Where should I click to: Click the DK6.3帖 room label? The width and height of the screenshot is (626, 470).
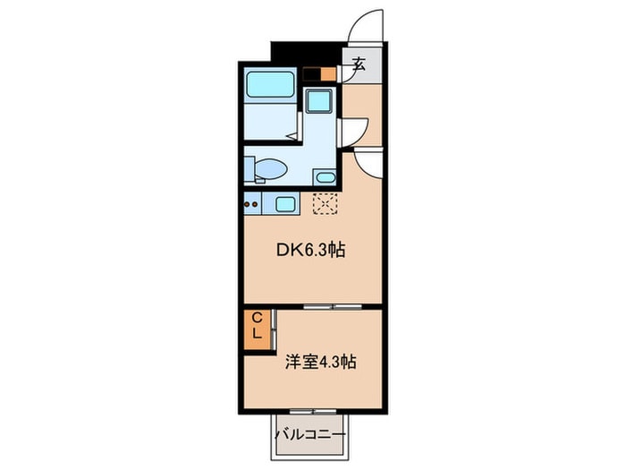click(x=311, y=251)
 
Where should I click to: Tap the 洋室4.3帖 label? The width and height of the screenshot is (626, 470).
click(x=320, y=362)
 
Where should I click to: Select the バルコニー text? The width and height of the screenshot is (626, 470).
click(x=310, y=434)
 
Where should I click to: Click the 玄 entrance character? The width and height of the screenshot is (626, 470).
click(x=359, y=64)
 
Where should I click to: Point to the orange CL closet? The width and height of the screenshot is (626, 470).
click(x=257, y=330)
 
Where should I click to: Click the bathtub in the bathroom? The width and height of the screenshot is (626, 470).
click(x=270, y=84)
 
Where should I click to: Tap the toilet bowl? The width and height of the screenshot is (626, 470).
click(x=271, y=168)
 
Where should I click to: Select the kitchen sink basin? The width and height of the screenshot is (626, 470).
click(x=285, y=204)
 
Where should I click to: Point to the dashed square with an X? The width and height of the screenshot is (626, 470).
click(x=326, y=204)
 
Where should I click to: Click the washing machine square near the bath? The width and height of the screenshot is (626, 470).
click(x=318, y=100)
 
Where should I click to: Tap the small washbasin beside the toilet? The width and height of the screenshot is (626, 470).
click(x=325, y=177)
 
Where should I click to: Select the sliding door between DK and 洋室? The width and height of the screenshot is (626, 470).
click(x=332, y=306)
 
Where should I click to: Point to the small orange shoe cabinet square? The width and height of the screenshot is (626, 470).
click(x=328, y=74)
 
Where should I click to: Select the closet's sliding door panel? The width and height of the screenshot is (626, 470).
click(x=274, y=329)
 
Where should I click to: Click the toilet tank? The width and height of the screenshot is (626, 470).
click(x=250, y=168)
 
